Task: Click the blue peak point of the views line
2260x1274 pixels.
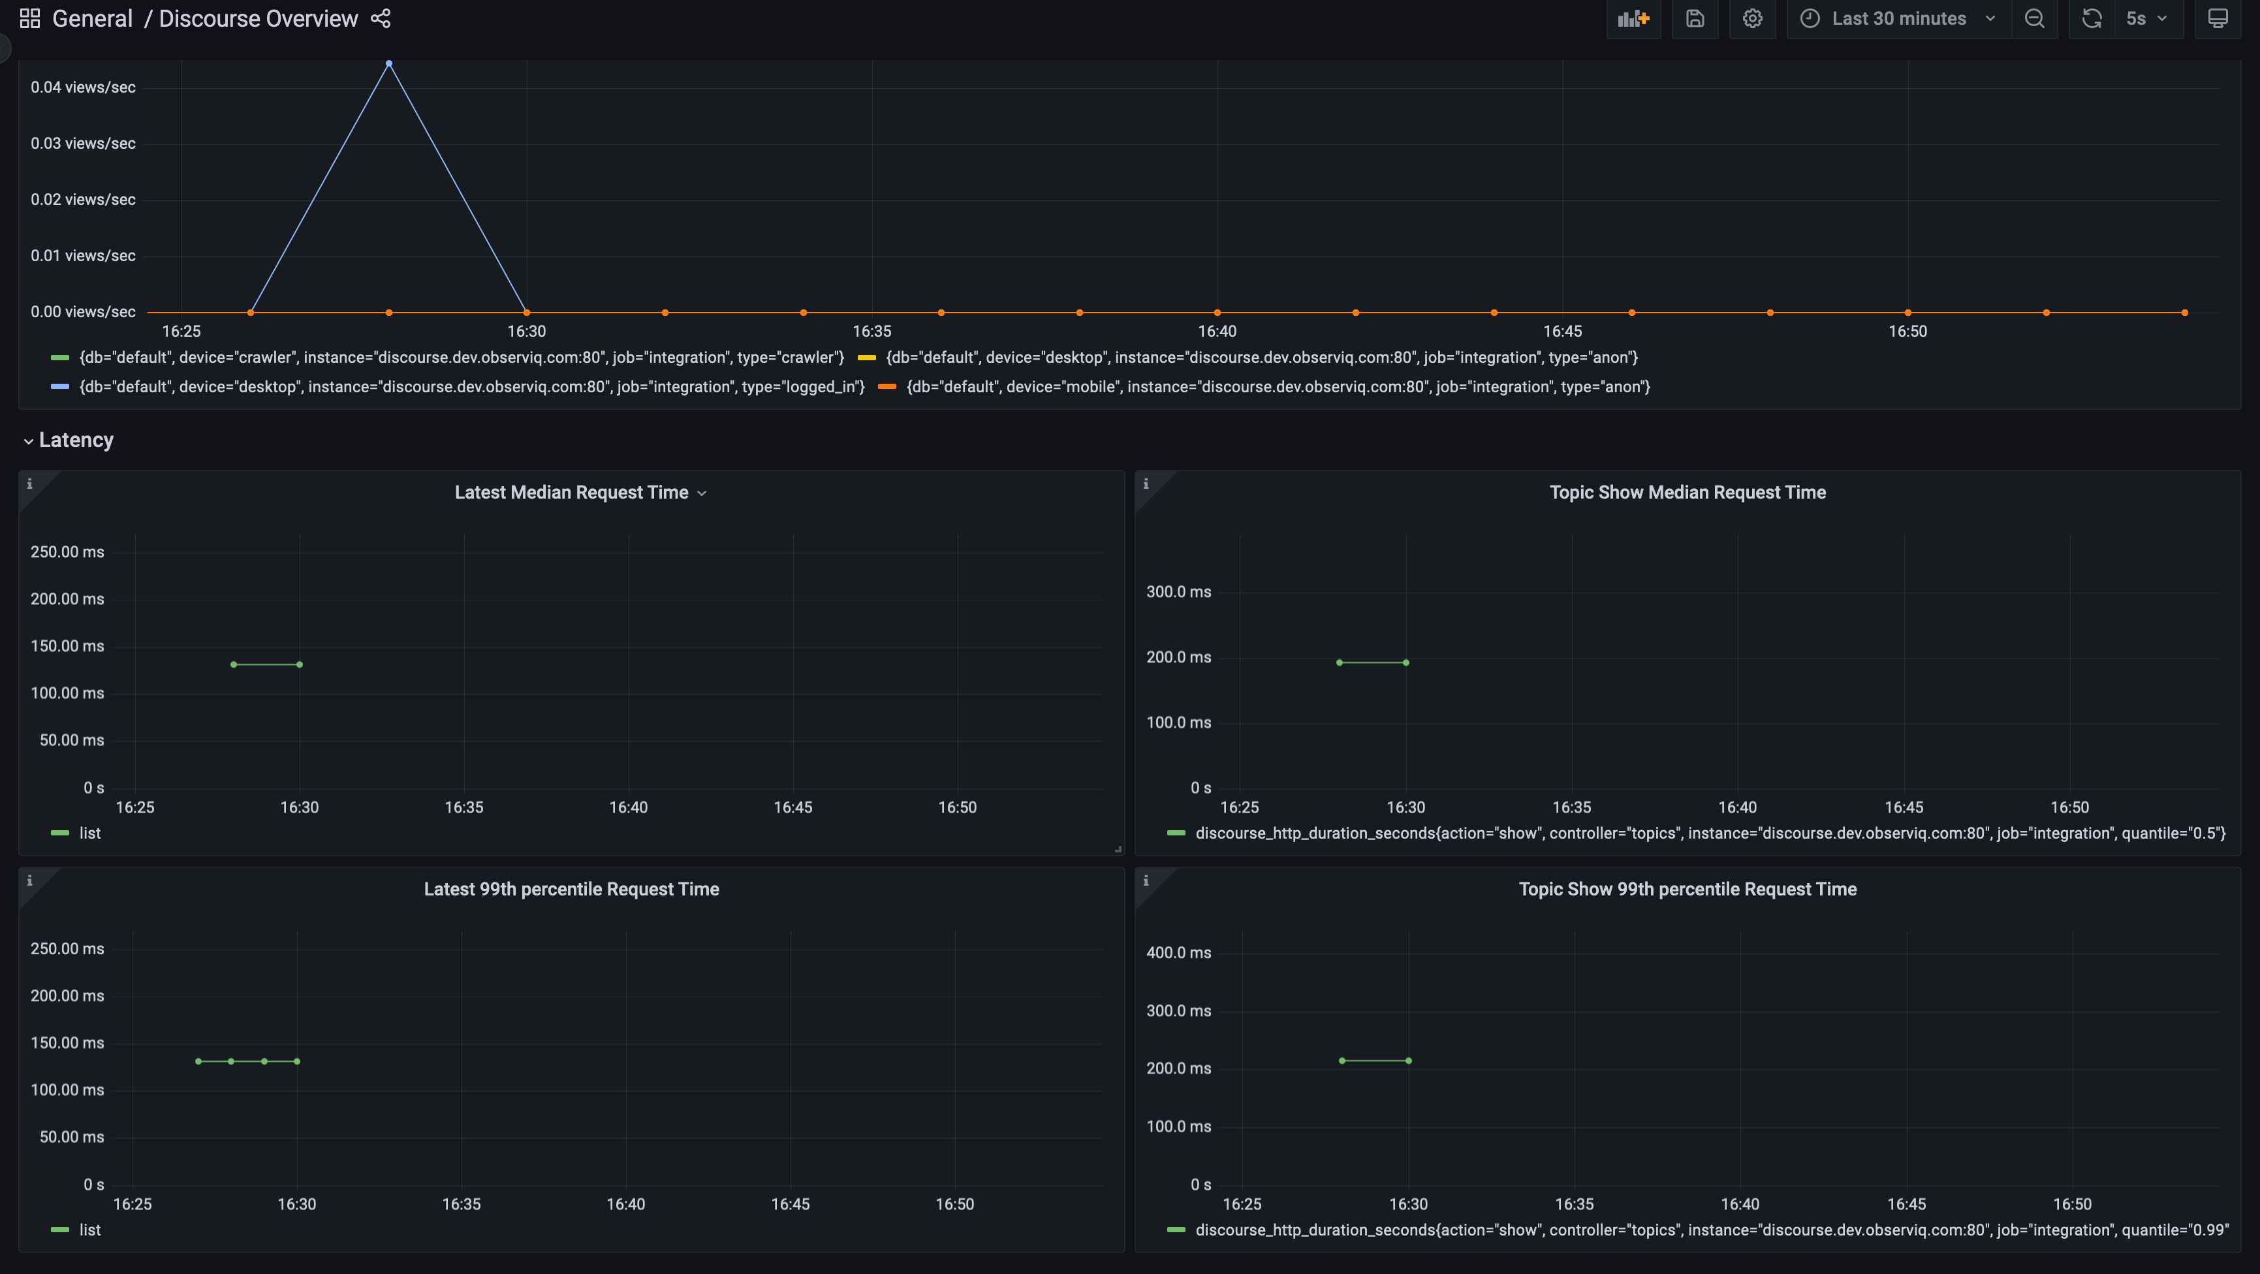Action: (x=388, y=63)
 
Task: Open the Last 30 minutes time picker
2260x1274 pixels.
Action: (x=1898, y=18)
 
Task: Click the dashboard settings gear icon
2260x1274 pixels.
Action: (x=1752, y=18)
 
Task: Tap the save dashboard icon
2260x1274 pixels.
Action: (x=1694, y=18)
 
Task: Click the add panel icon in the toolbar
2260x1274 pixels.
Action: (x=1633, y=18)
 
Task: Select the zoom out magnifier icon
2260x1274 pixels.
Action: (x=2033, y=18)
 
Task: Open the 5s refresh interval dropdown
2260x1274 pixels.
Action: (x=2145, y=18)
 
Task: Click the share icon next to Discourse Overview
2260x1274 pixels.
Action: (x=381, y=18)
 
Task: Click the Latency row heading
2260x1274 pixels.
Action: (x=76, y=440)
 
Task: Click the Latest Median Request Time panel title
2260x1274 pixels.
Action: (x=571, y=492)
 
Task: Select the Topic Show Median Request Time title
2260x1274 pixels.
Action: (x=1687, y=492)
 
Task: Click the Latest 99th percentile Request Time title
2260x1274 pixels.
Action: (x=571, y=889)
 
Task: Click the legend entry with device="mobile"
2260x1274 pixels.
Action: (x=1278, y=387)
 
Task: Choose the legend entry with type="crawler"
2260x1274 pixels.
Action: (x=461, y=357)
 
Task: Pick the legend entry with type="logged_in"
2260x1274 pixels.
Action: (x=471, y=387)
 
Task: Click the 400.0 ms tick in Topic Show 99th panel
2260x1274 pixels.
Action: (x=1178, y=952)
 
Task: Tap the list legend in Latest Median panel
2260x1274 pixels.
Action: (x=89, y=833)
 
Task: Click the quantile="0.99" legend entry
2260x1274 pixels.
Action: (x=1711, y=1229)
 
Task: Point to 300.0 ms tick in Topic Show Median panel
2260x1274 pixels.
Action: (x=1178, y=591)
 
